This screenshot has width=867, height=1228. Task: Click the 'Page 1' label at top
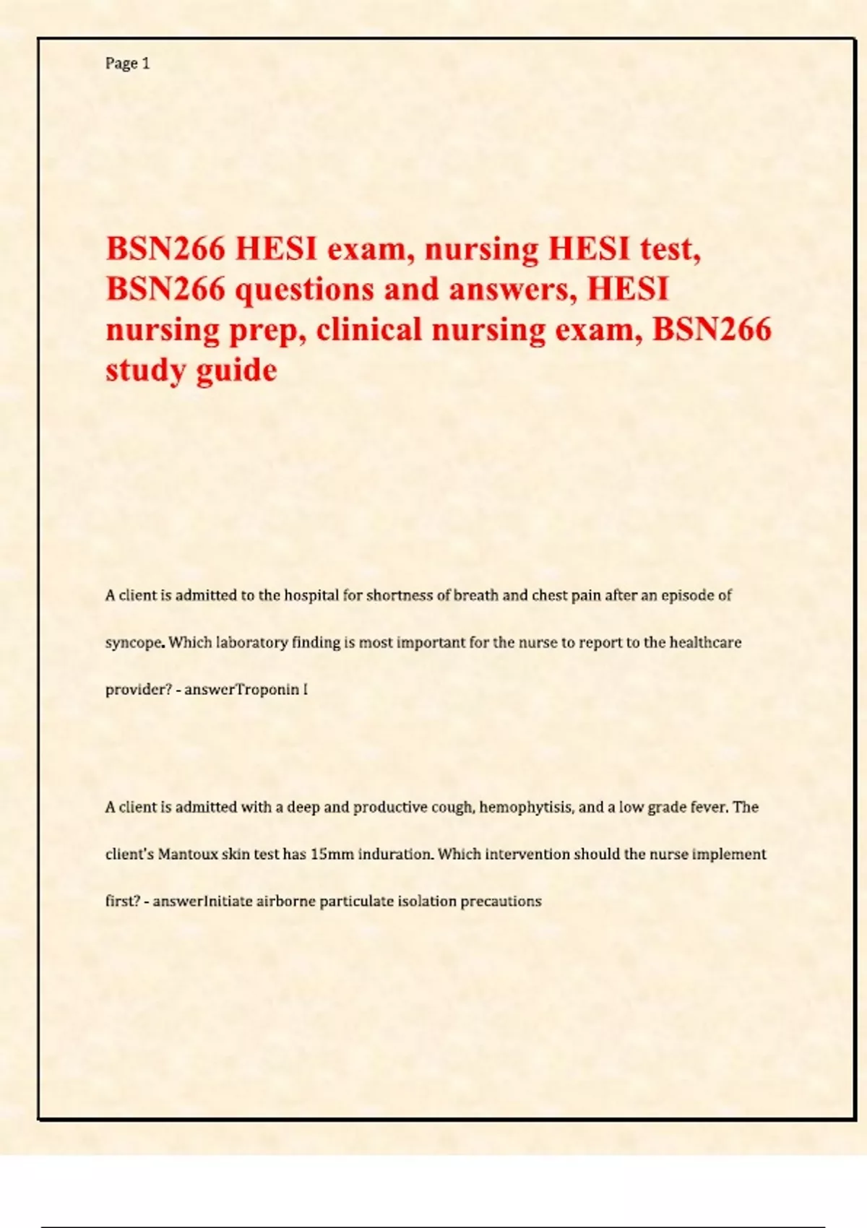(127, 64)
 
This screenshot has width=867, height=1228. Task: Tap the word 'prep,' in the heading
(264, 329)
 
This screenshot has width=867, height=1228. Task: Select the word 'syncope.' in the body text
(135, 643)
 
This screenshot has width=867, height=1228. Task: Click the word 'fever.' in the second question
(709, 807)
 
